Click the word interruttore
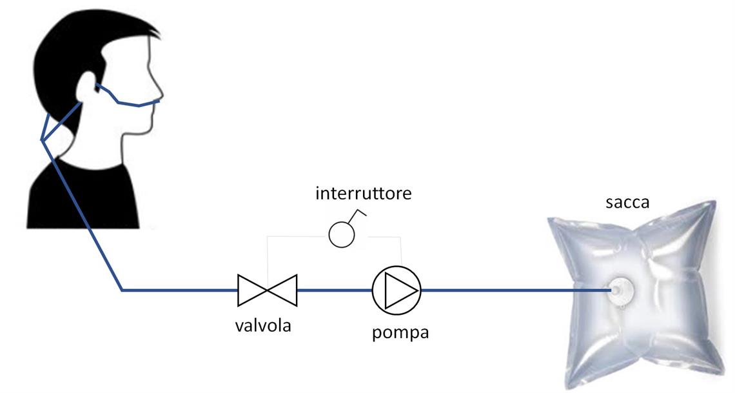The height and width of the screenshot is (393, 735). click(x=363, y=193)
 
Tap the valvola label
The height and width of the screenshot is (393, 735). click(x=262, y=325)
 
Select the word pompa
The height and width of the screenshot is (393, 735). click(x=400, y=333)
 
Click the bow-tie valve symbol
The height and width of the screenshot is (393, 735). click(x=267, y=290)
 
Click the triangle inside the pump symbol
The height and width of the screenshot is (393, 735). click(x=398, y=290)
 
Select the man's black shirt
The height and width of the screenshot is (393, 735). click(x=84, y=194)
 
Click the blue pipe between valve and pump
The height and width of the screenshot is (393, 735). click(x=334, y=290)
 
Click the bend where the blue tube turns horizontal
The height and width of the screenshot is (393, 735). click(x=122, y=290)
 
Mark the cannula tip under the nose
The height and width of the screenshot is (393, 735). click(x=158, y=101)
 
